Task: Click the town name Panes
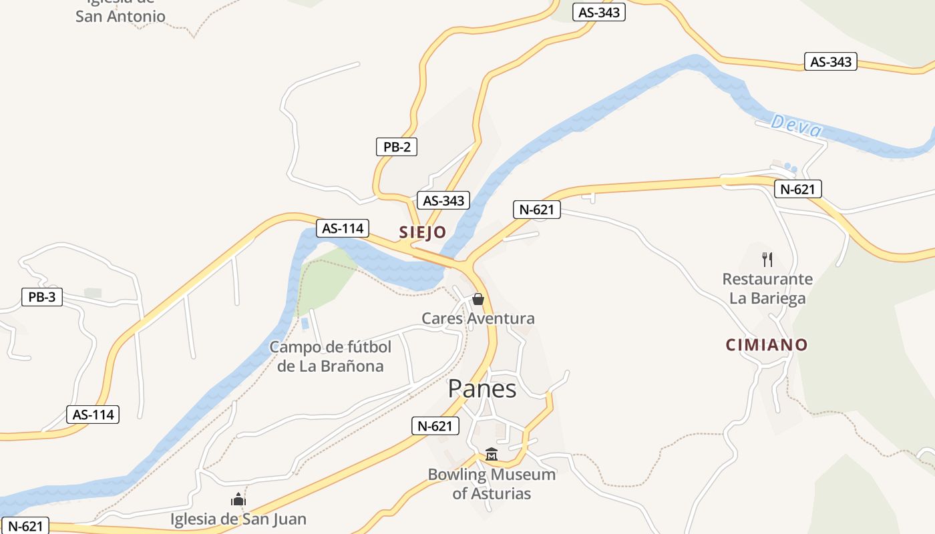[482, 388]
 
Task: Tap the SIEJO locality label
[422, 232]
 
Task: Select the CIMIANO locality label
[767, 344]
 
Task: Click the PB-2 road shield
[397, 147]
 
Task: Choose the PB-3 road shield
[42, 297]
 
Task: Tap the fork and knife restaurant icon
[767, 260]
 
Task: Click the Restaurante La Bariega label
[767, 288]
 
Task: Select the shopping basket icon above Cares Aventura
[478, 299]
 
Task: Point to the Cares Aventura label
[478, 318]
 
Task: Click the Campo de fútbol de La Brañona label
[331, 356]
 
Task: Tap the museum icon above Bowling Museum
[492, 455]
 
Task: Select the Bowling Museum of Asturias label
[492, 484]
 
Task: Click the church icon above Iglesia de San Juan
[238, 499]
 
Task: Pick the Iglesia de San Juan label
[238, 519]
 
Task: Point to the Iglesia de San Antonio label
[120, 12]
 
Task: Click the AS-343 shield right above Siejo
[443, 200]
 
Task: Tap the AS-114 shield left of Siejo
[343, 228]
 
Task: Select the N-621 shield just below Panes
[435, 426]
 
